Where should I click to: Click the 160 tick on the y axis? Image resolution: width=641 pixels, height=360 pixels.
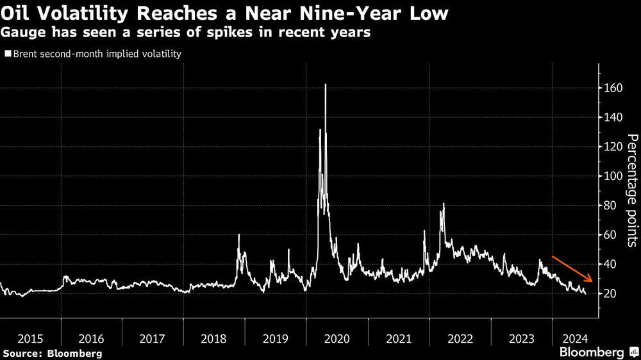(613, 88)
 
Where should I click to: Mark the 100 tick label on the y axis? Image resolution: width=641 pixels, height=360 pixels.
(613, 176)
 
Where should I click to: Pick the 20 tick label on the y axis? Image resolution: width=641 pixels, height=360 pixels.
(610, 293)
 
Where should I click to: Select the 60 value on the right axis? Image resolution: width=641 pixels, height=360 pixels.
(610, 235)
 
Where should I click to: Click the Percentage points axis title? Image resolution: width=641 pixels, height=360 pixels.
(631, 190)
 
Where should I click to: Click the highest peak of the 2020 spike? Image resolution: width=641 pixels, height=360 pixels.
(326, 85)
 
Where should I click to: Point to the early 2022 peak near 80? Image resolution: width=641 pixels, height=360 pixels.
(444, 204)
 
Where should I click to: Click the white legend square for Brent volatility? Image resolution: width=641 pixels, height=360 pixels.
(7, 54)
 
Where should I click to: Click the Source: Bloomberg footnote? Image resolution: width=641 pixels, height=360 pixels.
(52, 353)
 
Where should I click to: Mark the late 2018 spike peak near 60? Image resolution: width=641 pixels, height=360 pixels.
(238, 235)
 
